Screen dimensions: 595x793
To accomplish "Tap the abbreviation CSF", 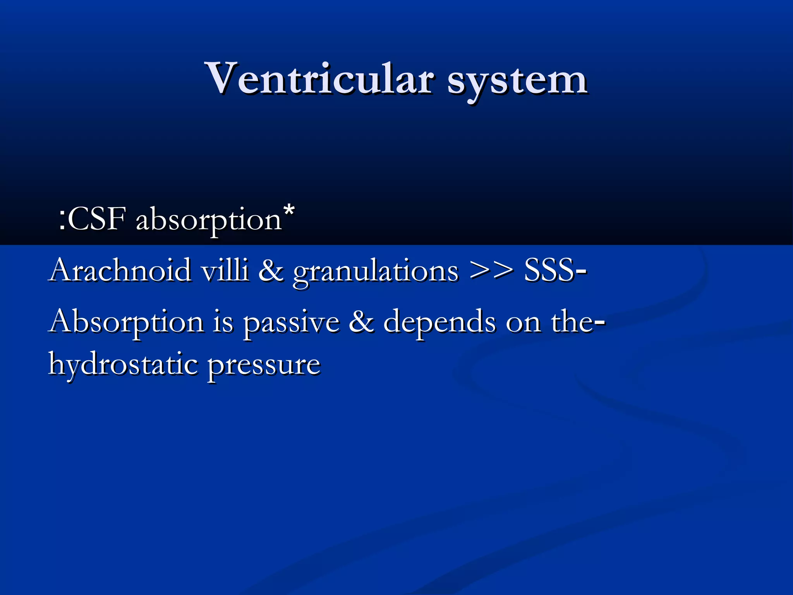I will tap(97, 219).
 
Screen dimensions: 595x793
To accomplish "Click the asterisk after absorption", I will tap(289, 211).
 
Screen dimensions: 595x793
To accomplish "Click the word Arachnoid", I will tap(120, 270).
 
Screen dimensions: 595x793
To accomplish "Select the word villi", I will tap(225, 270).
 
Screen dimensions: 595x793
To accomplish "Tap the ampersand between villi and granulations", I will tap(271, 270).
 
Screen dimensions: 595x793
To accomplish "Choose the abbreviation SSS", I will tap(549, 270).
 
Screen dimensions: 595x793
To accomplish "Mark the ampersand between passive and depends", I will tap(361, 322).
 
